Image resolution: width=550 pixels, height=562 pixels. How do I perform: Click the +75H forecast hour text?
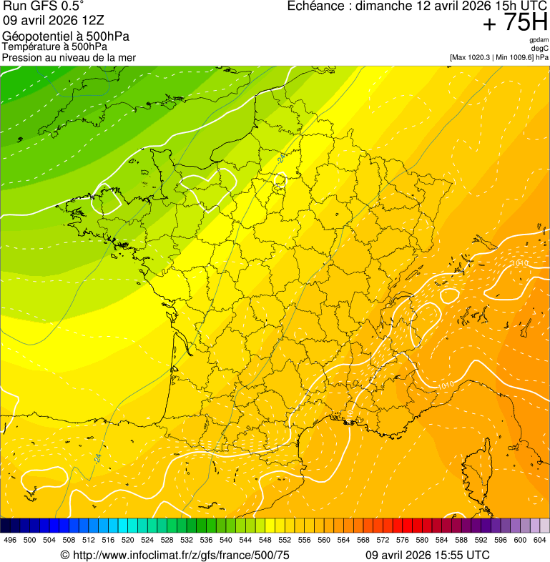coord(514,23)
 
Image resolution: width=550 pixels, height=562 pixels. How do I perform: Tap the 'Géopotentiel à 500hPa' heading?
coord(66,36)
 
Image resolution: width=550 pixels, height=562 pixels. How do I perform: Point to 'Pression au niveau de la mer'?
coord(69,57)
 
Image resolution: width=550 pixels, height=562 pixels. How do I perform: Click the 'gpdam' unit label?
coord(539,40)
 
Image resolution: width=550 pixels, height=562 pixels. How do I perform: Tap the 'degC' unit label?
coord(540,49)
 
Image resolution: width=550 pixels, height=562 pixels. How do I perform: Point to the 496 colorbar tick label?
coord(10,539)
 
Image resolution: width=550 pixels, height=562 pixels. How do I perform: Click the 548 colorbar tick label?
coord(265,539)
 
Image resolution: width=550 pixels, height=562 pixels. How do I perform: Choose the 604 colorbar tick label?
coord(540,539)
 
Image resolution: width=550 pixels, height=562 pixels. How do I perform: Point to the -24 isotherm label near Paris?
coord(281,159)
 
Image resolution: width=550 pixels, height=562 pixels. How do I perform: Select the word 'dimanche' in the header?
coord(386,6)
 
